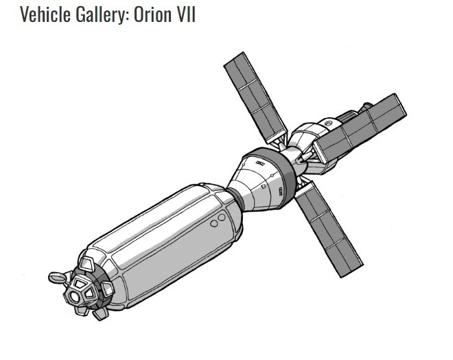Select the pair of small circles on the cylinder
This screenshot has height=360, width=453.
218,221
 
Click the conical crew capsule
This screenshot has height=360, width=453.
264,182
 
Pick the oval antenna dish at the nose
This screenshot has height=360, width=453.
57,277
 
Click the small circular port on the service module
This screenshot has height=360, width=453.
328,123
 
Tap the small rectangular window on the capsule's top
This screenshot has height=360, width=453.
260,163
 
